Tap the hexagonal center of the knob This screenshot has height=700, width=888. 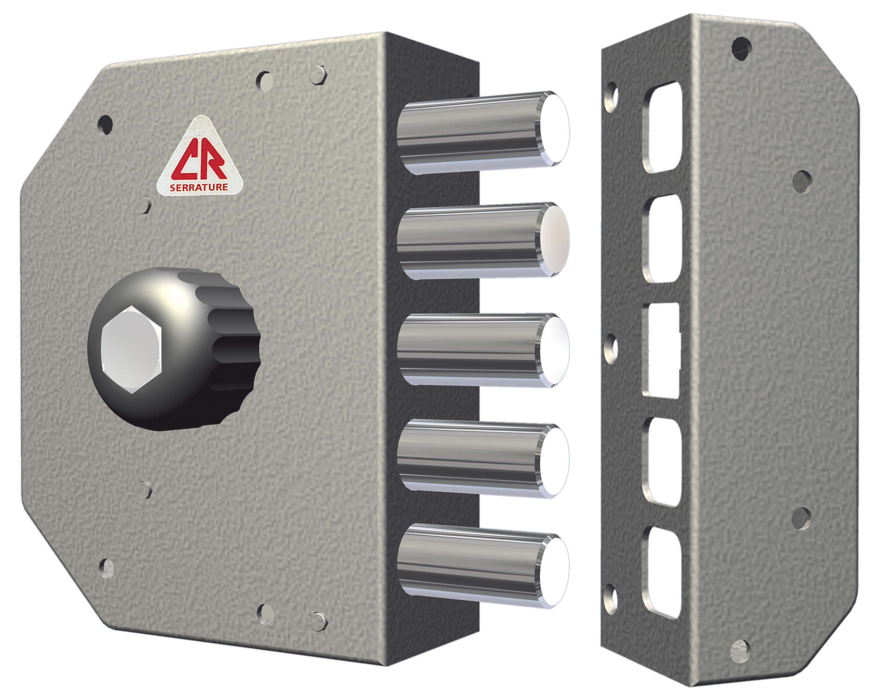tap(131, 350)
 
